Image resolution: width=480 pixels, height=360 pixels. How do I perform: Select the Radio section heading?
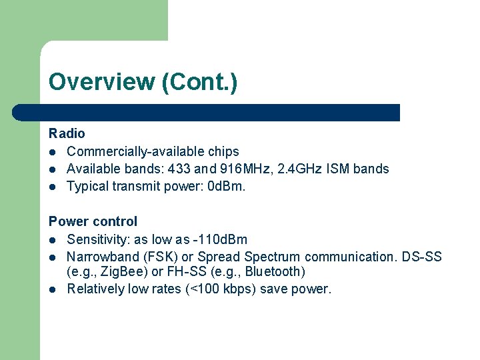click(x=67, y=133)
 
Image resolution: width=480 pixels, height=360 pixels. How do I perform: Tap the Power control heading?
click(x=93, y=221)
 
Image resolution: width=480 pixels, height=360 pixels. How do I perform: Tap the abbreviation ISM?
click(x=339, y=169)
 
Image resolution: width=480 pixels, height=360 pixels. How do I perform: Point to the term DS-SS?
click(x=425, y=256)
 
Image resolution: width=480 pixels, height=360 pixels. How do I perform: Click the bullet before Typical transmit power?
click(x=53, y=187)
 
